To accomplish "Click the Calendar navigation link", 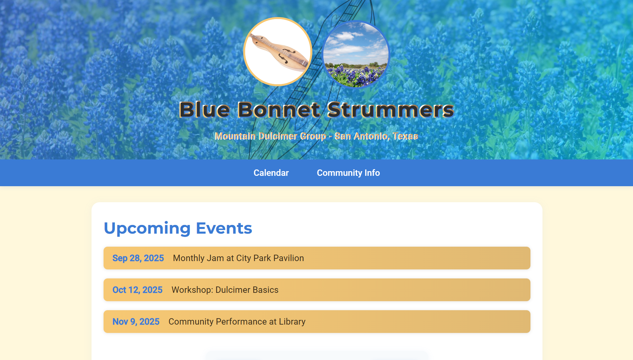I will coord(271,173).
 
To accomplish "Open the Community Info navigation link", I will coord(348,173).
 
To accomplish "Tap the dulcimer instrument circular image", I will coord(278,52).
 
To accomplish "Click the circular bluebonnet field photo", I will coord(356,54).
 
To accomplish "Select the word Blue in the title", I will coord(204,110).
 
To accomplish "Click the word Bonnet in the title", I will coord(279,110).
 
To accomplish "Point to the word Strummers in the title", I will coord(390,110).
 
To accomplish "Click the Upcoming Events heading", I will coord(178,228).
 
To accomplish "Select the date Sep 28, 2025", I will coord(138,258).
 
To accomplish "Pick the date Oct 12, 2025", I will coord(137,290).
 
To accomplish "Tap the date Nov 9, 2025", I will coord(136,322).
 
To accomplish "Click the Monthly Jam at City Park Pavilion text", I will coord(238,258).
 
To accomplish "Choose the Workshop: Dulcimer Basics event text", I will coord(225,290).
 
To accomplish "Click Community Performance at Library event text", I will coord(237,322).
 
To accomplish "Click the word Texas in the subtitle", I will coord(405,136).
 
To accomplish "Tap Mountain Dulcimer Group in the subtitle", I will coord(270,136).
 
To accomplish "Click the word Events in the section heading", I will coord(224,228).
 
